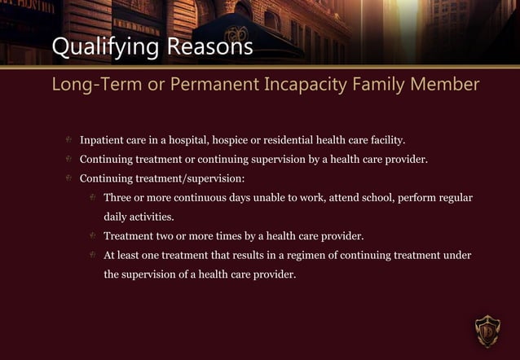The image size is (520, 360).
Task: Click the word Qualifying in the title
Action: [x=105, y=48]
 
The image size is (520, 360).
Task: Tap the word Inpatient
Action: [x=102, y=140]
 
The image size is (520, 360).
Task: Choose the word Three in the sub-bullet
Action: [x=119, y=198]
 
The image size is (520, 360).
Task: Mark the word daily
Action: [x=117, y=217]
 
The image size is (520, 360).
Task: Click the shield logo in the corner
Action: [x=487, y=330]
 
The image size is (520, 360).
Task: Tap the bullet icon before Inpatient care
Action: [x=69, y=140]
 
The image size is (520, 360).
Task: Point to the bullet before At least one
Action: [x=94, y=255]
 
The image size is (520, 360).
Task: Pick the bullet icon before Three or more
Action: [x=94, y=198]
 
